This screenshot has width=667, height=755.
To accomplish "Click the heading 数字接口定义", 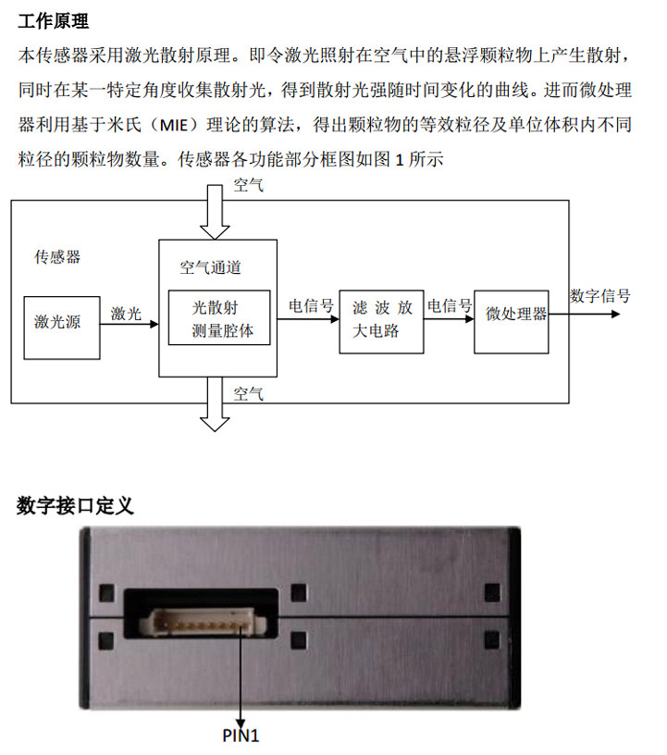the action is pyautogui.click(x=75, y=505).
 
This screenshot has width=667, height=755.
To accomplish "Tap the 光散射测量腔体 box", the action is pyautogui.click(x=219, y=317).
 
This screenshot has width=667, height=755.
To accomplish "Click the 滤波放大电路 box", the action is pyautogui.click(x=381, y=320).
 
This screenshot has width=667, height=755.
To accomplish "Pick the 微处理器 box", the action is pyautogui.click(x=516, y=315).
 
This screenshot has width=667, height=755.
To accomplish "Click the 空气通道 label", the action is pyautogui.click(x=210, y=267).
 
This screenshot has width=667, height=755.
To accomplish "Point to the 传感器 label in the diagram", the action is pyautogui.click(x=57, y=256).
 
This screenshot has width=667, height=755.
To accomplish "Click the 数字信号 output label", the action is pyautogui.click(x=600, y=296).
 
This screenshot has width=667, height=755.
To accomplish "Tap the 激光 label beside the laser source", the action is pyautogui.click(x=127, y=314).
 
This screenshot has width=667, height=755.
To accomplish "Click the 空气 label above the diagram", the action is pyautogui.click(x=249, y=187).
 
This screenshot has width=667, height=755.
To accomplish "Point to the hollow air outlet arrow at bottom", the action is pyautogui.click(x=216, y=408).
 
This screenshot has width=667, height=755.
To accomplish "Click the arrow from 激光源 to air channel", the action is pyautogui.click(x=130, y=326).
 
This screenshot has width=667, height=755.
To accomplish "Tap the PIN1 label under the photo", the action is pyautogui.click(x=241, y=736).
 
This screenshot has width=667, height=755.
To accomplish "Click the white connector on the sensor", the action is pyautogui.click(x=198, y=625).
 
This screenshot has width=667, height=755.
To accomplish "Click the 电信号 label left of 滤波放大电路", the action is pyautogui.click(x=311, y=306).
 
